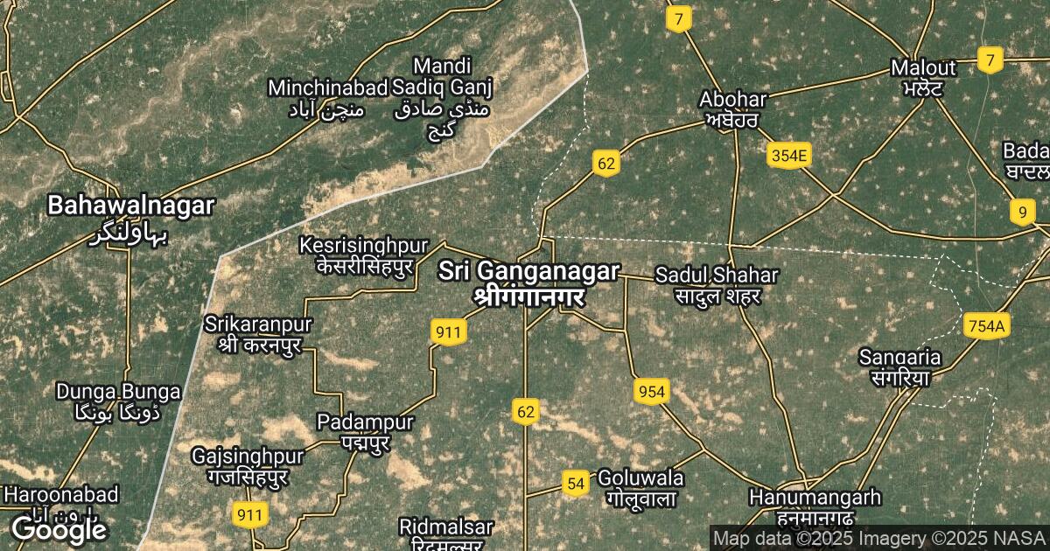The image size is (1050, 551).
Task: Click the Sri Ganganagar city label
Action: (x=528, y=272)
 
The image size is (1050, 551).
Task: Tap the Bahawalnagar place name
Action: (x=130, y=206)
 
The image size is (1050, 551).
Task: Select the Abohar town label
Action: (x=733, y=99)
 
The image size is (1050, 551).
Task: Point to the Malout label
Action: (x=922, y=67)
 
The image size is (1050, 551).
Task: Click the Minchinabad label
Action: (x=327, y=87)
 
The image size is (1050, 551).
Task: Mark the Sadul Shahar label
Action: (x=716, y=275)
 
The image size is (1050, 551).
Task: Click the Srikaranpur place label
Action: (x=258, y=324)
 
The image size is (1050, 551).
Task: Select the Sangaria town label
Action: (x=899, y=358)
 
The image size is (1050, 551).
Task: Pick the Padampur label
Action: (x=365, y=423)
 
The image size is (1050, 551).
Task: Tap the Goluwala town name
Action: (x=640, y=478)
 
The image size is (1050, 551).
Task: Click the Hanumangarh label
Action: (x=815, y=498)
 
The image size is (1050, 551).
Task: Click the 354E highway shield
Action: (x=789, y=156)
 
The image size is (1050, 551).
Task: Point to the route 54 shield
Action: (x=575, y=484)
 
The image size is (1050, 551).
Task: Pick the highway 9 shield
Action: (x=1021, y=212)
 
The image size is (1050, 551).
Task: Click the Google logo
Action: (x=59, y=529)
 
